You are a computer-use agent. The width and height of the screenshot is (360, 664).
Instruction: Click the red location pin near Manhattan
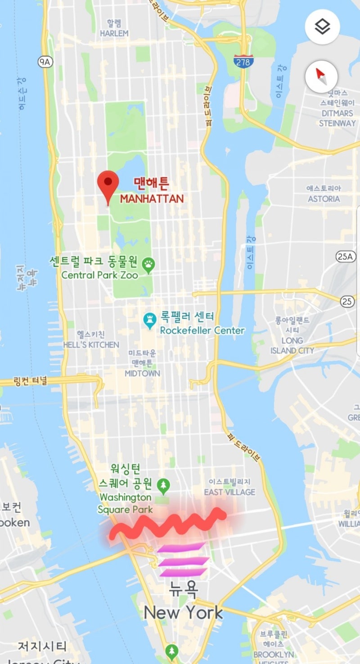[108, 184]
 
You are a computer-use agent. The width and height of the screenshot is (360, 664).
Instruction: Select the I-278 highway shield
[243, 61]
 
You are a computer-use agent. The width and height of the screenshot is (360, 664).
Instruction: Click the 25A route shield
[344, 256]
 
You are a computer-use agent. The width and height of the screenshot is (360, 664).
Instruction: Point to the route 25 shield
[347, 301]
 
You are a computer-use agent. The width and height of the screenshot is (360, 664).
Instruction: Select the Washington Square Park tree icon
[163, 485]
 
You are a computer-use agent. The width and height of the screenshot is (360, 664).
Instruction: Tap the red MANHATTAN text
[152, 198]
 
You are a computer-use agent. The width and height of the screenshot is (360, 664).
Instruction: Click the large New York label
[183, 612]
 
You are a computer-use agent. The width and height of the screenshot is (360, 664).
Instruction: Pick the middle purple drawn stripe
[183, 561]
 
